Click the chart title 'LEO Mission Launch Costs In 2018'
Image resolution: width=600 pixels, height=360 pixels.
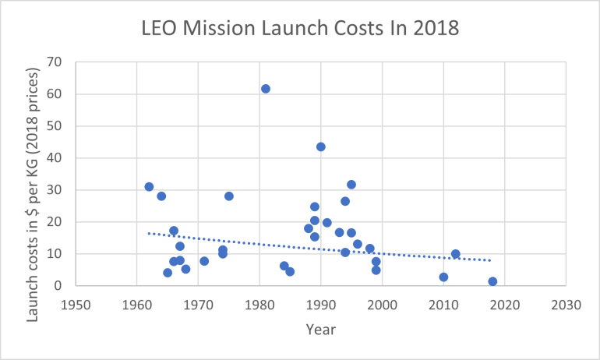tap(299, 29)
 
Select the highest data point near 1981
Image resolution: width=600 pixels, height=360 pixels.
tap(266, 89)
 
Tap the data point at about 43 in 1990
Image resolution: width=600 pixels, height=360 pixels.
tap(321, 146)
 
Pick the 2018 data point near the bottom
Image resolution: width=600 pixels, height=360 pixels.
tap(492, 281)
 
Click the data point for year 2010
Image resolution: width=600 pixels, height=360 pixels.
tap(443, 277)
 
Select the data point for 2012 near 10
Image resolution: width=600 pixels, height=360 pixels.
tap(456, 254)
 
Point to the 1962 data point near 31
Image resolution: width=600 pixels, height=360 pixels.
tap(149, 187)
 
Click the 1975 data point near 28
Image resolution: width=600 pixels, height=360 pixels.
tap(229, 196)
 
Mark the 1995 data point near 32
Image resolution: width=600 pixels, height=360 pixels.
tap(351, 185)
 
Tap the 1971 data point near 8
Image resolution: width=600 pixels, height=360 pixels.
tap(204, 261)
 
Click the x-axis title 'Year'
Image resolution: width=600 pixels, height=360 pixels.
tap(320, 330)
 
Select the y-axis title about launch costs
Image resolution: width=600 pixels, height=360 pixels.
tap(33, 173)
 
